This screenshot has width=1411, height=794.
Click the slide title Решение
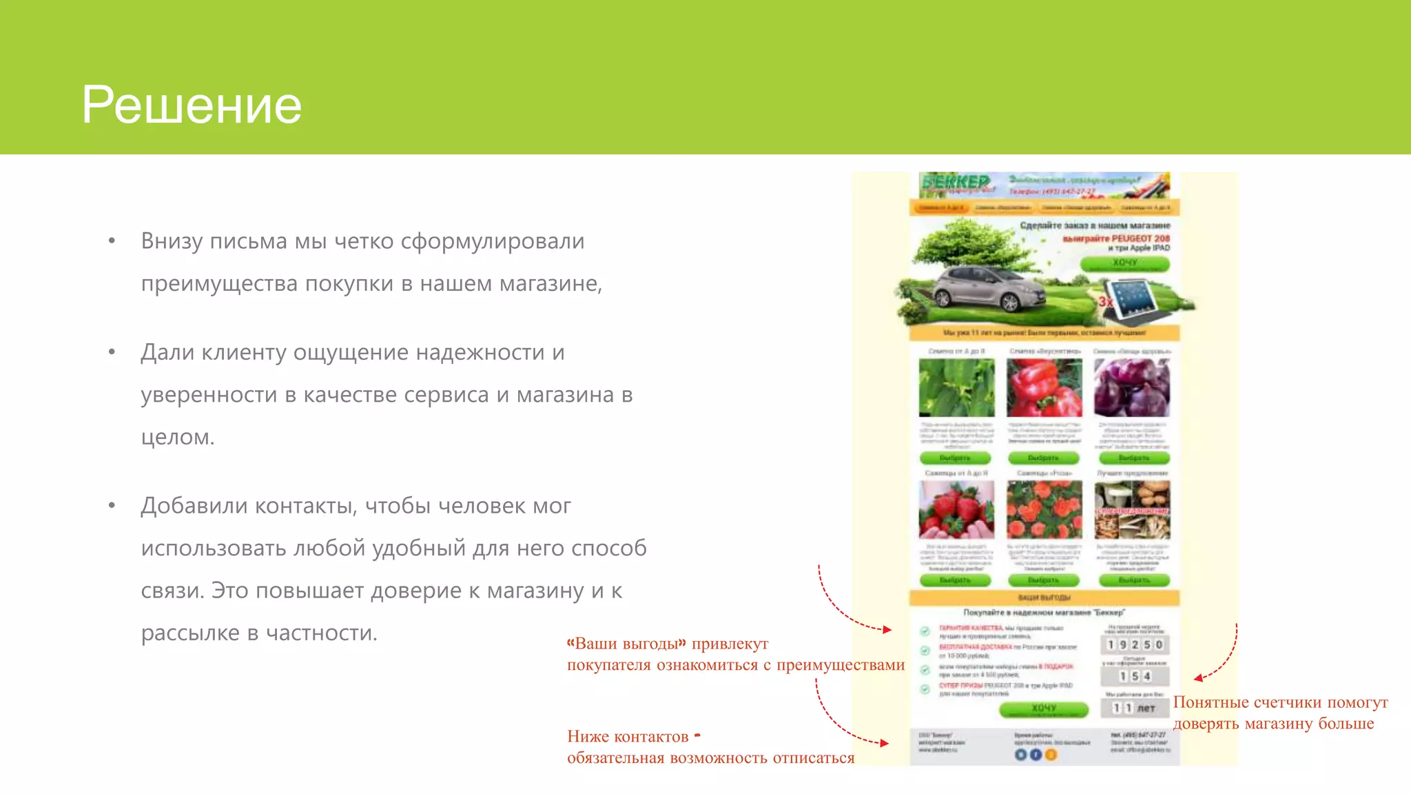click(192, 105)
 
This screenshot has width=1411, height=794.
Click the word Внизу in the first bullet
click(172, 241)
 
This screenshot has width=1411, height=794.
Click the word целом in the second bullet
click(176, 437)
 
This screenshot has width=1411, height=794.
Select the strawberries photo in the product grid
click(956, 510)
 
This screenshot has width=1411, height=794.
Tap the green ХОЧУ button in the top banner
click(1124, 263)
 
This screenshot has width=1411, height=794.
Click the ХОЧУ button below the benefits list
click(1043, 709)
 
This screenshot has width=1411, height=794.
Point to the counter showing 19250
click(1135, 644)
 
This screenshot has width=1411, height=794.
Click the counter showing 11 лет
click(1134, 708)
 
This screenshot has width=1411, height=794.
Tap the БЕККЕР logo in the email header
click(956, 182)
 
